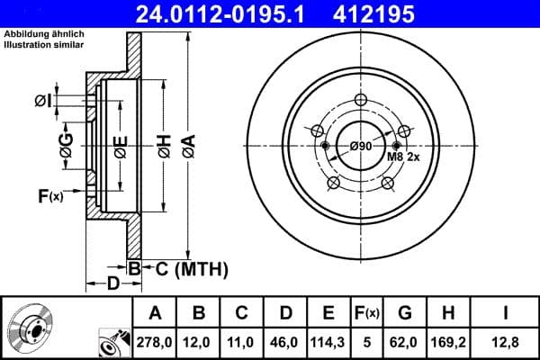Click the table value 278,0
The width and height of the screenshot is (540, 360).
coord(155,341)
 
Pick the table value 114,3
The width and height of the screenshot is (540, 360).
coord(329,341)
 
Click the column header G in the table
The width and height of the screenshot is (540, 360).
coord(404,312)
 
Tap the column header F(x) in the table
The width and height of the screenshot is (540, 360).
coord(368,312)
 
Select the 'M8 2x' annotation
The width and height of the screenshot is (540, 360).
coord(404,157)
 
